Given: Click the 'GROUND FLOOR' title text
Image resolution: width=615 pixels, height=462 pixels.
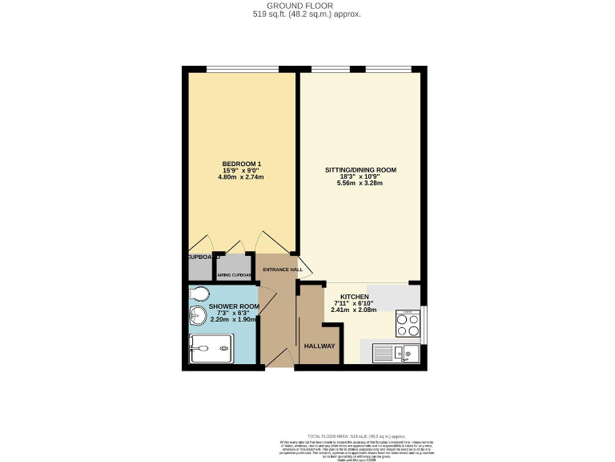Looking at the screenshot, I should coord(307,5).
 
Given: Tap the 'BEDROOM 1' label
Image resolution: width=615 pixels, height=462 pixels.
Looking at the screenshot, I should coord(242,164).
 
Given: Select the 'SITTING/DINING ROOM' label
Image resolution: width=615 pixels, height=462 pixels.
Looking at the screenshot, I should coord(360,170).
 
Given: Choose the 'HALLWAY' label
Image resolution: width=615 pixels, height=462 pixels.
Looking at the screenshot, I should coord(320,346).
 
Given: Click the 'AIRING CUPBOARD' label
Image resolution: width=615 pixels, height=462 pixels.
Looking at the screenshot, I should coord(234,275).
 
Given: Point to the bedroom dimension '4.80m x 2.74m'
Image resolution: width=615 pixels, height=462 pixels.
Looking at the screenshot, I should coord(242,177).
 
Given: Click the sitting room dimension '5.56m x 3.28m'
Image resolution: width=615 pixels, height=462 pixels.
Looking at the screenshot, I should coord(360,183).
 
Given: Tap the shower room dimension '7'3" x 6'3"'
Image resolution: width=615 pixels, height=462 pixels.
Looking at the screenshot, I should coord(234,313).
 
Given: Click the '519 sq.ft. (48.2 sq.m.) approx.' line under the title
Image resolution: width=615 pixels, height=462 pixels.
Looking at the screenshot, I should coord(307,14).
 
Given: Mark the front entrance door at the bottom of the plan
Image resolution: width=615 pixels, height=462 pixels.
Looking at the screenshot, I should coord(277,363).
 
